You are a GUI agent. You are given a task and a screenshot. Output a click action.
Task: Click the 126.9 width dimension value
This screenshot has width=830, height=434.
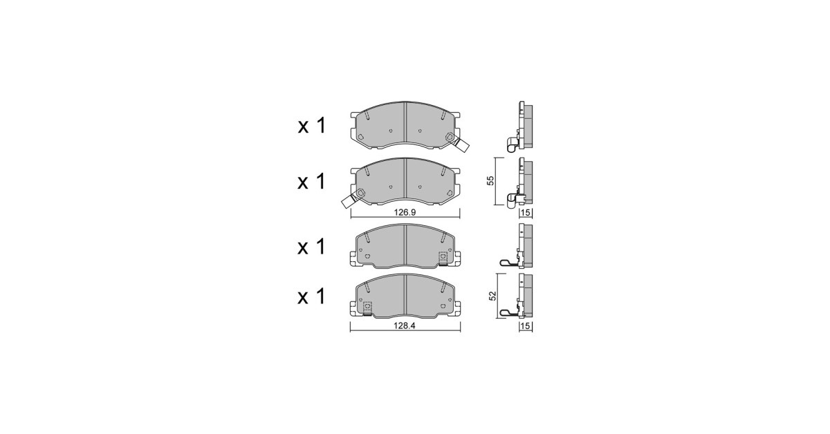pos(405,213)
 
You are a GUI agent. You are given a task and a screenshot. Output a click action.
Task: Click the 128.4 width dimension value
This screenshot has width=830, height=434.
pos(405,326)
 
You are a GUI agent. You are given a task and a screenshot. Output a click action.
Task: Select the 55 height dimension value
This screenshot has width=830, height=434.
pos(490,180)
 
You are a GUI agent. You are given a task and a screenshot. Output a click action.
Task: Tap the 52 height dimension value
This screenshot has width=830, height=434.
pos(492,296)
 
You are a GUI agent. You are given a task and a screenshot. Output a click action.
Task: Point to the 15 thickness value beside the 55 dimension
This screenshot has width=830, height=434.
pos(526,213)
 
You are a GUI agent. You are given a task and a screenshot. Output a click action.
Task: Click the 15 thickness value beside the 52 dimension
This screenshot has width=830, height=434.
pos(526,326)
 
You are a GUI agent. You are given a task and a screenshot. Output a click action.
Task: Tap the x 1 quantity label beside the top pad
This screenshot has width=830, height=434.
pos(312,126)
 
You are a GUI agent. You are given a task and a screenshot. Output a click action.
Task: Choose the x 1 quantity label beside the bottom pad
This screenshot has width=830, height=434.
pos(312,297)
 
